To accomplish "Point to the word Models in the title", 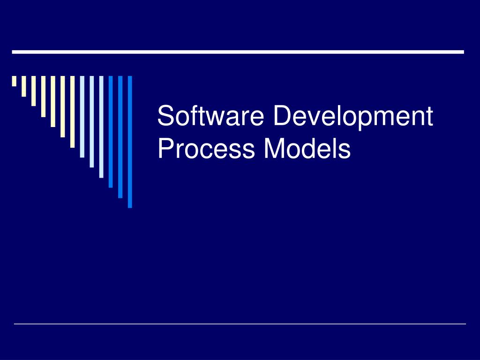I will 307,149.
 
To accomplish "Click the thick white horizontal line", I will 238,52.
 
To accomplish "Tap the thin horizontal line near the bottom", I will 240,323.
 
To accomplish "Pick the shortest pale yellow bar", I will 14,81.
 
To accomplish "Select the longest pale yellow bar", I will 72,112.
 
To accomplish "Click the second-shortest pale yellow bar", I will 23,86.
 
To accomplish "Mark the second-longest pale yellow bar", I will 62,106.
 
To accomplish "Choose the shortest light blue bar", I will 82,116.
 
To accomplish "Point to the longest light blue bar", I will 101,127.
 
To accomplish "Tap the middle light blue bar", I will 91,121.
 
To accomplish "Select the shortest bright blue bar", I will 111,131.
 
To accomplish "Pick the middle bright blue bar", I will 120,136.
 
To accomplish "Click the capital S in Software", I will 165,116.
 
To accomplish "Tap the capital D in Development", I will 282,116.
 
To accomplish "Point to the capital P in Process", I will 165,149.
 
